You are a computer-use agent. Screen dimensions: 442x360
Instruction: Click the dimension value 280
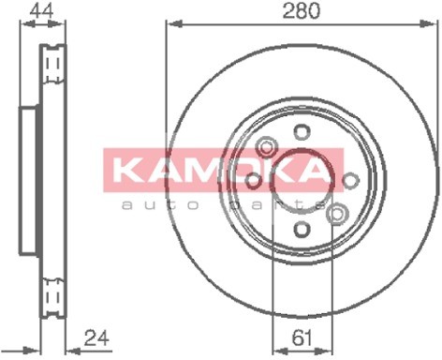point(302,10)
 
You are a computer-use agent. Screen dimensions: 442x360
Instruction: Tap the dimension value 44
point(42,10)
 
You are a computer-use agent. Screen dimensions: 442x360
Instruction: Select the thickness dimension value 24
point(96,337)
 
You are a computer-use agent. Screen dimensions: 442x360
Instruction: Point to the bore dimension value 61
point(302,337)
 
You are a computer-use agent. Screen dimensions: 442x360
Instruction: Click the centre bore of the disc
point(301,182)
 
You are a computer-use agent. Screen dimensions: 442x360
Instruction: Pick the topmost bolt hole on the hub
point(302,132)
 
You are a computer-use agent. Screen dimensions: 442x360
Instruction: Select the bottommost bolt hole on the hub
point(302,229)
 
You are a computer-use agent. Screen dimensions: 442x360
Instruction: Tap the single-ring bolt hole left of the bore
point(253,181)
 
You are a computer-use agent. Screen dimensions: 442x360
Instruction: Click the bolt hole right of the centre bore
point(350,181)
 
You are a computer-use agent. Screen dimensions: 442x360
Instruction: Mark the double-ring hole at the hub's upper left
point(266,146)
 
